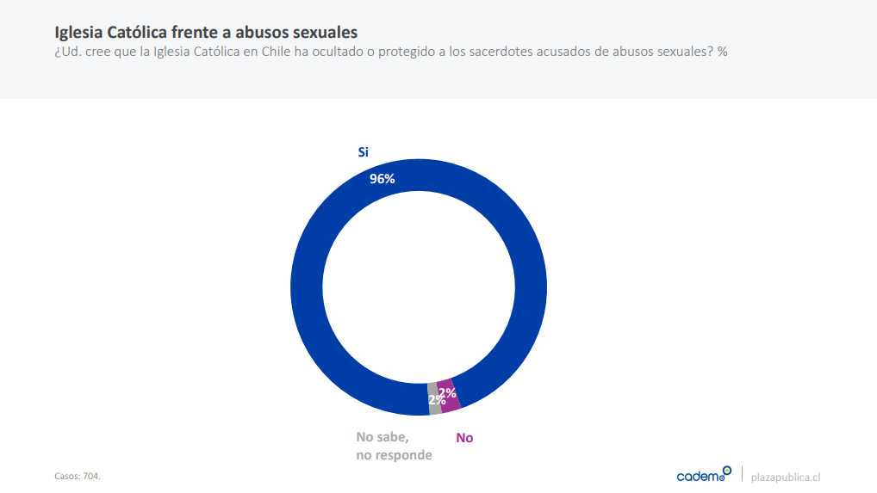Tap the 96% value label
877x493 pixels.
click(382, 179)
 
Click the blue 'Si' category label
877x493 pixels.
click(363, 151)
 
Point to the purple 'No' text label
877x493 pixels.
click(464, 438)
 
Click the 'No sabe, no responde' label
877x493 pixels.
click(394, 446)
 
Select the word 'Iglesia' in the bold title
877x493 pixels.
click(79, 33)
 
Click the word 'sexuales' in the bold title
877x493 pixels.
click(324, 33)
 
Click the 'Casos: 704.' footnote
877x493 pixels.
click(78, 476)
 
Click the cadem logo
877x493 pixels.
click(703, 475)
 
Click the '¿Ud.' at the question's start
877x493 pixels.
click(68, 52)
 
